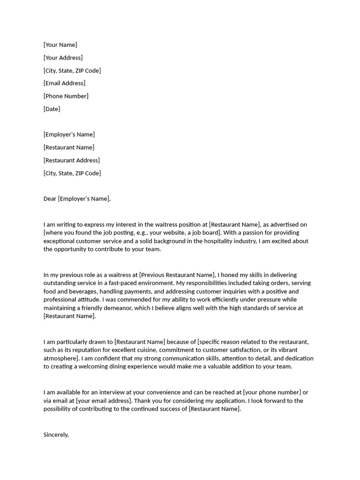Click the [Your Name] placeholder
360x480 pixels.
60,45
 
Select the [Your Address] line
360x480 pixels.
63,58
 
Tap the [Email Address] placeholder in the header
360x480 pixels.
64,83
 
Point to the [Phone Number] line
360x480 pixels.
66,96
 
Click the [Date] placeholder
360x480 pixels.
52,109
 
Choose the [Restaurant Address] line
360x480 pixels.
71,160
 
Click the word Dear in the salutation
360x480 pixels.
50,199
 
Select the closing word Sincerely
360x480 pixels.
56,435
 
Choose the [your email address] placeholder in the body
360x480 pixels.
104,401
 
